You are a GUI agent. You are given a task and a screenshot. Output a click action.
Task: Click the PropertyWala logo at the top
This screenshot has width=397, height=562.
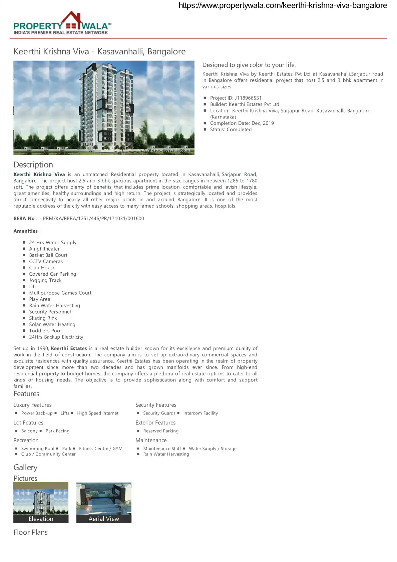(x=62, y=24)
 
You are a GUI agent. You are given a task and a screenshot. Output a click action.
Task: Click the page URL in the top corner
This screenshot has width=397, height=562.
(x=283, y=5)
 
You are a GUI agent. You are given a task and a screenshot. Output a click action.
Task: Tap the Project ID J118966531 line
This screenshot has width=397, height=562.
(x=236, y=98)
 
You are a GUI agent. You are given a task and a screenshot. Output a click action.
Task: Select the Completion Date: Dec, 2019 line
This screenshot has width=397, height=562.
(x=242, y=123)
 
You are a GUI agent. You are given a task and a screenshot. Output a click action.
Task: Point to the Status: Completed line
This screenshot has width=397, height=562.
(x=231, y=129)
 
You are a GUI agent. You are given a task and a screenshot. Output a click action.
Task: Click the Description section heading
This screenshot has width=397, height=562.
(x=33, y=165)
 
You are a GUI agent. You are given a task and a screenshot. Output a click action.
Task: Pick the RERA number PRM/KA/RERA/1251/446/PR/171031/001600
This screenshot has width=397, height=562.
(x=93, y=218)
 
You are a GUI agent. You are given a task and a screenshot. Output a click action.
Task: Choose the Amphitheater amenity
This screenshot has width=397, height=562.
(x=44, y=249)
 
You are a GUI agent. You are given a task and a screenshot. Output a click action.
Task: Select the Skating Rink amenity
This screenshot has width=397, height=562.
(x=43, y=318)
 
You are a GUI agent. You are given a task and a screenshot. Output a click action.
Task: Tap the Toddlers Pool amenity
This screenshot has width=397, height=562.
(x=45, y=331)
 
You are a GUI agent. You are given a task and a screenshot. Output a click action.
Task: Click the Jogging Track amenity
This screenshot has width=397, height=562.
(x=45, y=280)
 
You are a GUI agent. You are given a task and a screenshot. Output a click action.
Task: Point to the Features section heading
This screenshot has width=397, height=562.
(x=26, y=394)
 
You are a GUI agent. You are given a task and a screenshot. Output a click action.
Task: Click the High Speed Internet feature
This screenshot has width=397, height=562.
(x=98, y=413)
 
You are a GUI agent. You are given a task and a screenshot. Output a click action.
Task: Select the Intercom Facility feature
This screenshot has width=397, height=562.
(x=201, y=413)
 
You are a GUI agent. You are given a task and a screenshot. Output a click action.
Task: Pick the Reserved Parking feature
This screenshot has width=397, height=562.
(x=161, y=431)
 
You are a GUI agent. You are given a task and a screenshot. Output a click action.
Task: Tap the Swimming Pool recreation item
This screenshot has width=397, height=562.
(x=38, y=449)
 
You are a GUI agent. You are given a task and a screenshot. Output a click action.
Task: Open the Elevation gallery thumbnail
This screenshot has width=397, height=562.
(x=41, y=502)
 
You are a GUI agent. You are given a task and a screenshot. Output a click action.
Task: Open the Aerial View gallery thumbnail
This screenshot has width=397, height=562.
(x=104, y=502)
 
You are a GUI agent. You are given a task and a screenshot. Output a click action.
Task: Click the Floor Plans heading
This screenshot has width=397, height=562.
(x=30, y=532)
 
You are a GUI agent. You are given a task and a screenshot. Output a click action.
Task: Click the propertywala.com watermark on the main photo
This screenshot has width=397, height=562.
(x=165, y=150)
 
